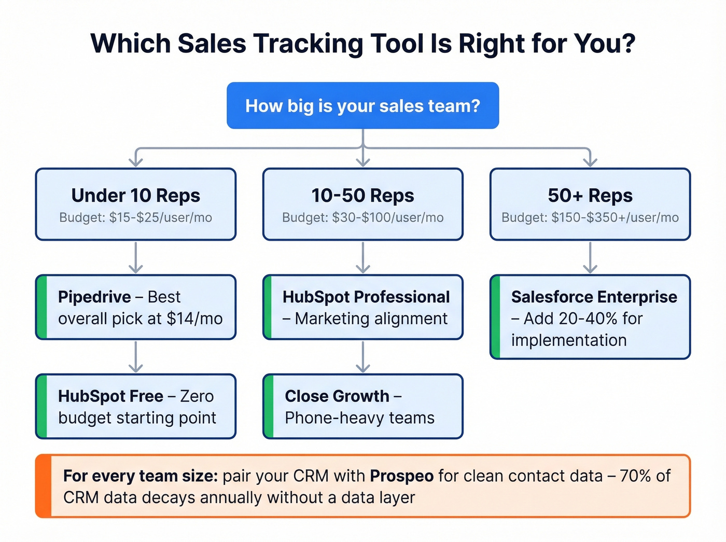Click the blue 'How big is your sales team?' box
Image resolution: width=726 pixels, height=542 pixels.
[x=362, y=106]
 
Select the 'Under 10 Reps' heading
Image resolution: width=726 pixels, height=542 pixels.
[x=136, y=196]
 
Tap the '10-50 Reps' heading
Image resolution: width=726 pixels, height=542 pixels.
[x=362, y=196]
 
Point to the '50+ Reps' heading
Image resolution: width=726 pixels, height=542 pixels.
[x=590, y=196]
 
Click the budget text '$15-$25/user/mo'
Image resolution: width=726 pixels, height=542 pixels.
[x=160, y=218]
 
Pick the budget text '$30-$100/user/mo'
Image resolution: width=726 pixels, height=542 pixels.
[x=387, y=218]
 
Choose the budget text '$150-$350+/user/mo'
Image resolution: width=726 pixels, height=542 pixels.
[x=615, y=218]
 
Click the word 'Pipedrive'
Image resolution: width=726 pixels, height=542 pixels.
[x=94, y=297]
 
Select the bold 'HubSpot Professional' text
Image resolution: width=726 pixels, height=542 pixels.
[x=366, y=297]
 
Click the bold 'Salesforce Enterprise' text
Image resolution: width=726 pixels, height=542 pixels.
[x=594, y=297]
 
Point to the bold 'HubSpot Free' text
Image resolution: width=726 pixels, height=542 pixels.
[x=110, y=396]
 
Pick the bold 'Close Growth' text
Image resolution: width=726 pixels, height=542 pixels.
[x=337, y=396]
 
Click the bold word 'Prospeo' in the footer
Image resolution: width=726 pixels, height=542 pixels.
[x=402, y=476]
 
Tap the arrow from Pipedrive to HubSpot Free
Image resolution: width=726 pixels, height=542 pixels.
[x=136, y=357]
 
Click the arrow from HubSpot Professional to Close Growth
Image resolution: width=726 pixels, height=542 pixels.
[x=363, y=357]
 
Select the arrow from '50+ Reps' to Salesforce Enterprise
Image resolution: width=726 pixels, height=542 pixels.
[x=590, y=257]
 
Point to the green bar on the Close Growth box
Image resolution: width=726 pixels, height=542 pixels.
[x=269, y=407]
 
